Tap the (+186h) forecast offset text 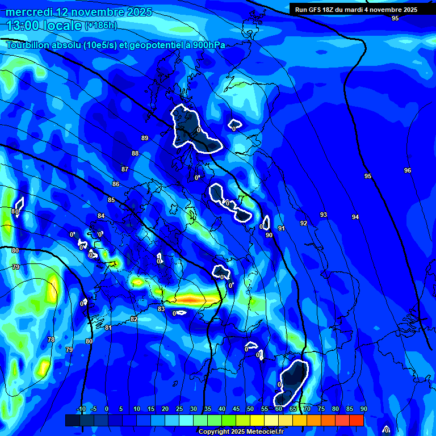[x=100, y=26]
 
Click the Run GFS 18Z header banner [x=356, y=10]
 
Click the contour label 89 [x=145, y=138]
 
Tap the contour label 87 [x=125, y=169]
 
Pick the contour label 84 [x=101, y=216]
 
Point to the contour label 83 [x=161, y=309]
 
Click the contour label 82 [x=134, y=319]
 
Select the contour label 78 [x=51, y=339]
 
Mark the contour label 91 [x=281, y=228]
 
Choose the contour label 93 [x=324, y=215]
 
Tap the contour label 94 [x=355, y=217]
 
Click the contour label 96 [x=408, y=170]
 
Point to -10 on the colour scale [x=81, y=409]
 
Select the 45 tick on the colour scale [x=236, y=409]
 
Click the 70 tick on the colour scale [x=307, y=409]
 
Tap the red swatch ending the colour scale [x=357, y=420]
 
